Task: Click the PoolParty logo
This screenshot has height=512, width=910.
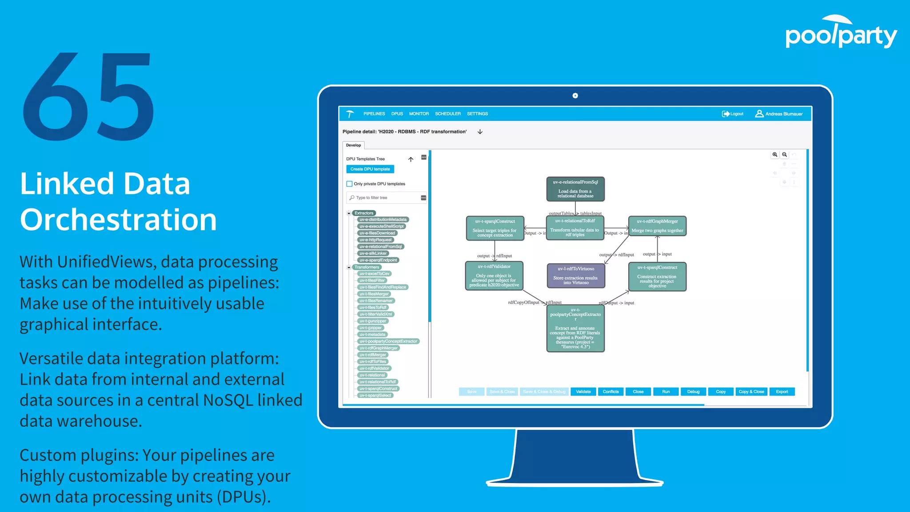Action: [x=841, y=33]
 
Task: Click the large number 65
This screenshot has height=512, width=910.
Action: [x=89, y=97]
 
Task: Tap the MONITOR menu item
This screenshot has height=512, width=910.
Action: [x=419, y=114]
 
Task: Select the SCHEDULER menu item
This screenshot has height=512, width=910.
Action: [x=447, y=114]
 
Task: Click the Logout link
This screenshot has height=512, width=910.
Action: [x=733, y=114]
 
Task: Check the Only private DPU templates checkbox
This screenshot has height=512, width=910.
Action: [x=350, y=184]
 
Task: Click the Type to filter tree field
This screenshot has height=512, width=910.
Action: [x=384, y=198]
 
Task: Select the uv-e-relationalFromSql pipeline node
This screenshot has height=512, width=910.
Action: [x=575, y=189]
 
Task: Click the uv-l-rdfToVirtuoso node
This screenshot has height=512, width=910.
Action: [x=576, y=276]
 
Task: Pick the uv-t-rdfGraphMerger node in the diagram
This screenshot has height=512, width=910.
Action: [x=657, y=226]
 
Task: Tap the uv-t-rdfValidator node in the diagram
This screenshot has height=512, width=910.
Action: [x=494, y=276]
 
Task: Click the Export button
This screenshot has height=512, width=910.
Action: [x=782, y=392]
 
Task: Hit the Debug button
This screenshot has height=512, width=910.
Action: [x=693, y=392]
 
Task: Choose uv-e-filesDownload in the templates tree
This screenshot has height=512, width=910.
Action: [x=377, y=233]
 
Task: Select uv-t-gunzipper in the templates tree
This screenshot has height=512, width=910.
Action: [x=373, y=321]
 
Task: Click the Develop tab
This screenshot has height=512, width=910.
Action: [x=354, y=145]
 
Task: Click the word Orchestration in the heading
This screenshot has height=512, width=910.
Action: [x=118, y=220]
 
